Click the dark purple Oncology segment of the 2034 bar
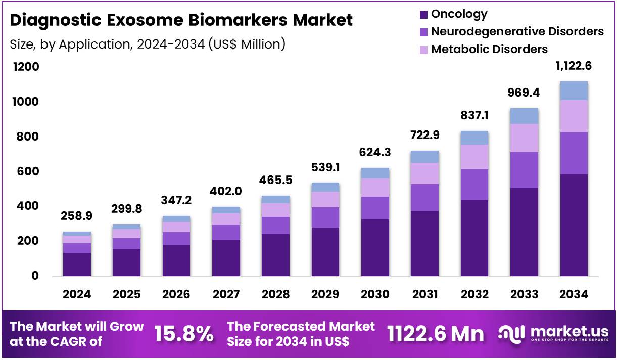[574, 225]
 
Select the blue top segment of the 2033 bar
[524, 116]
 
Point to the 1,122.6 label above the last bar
[574, 66]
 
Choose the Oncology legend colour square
[423, 15]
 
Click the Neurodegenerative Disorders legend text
[517, 31]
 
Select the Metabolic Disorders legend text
[489, 49]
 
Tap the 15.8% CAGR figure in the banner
[183, 334]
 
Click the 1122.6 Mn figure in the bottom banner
[436, 334]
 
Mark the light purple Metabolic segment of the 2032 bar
[474, 157]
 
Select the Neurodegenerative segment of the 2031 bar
[424, 197]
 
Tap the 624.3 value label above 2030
[374, 152]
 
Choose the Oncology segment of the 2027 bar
[226, 257]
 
